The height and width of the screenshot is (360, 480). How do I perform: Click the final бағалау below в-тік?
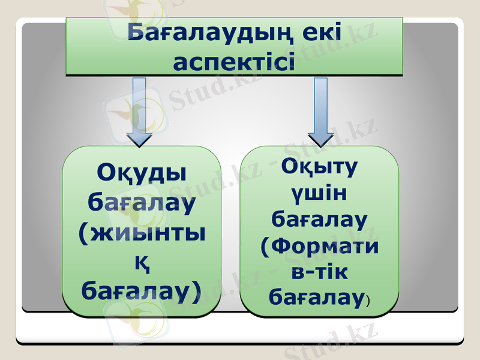(316, 297)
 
